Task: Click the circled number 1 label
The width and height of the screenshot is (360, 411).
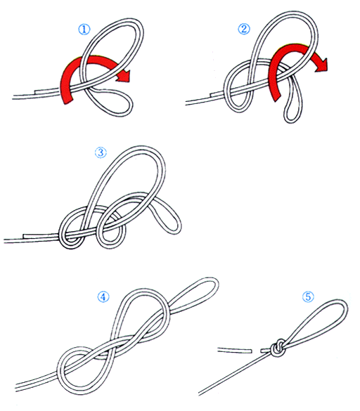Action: click(84, 30)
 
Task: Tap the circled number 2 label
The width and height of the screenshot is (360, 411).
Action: click(244, 29)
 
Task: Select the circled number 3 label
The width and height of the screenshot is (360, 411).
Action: click(101, 152)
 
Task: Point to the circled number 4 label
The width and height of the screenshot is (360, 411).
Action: click(103, 297)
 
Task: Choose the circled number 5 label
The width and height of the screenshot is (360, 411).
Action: click(308, 297)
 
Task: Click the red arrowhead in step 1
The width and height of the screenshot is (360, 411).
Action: click(123, 76)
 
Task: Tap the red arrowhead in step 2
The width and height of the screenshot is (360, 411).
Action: click(322, 64)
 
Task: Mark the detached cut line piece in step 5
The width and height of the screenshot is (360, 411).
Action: click(235, 350)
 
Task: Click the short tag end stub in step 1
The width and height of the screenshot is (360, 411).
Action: click(47, 91)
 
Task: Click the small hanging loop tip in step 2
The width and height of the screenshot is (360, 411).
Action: click(290, 119)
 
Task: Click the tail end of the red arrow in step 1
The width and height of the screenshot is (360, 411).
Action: click(67, 101)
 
